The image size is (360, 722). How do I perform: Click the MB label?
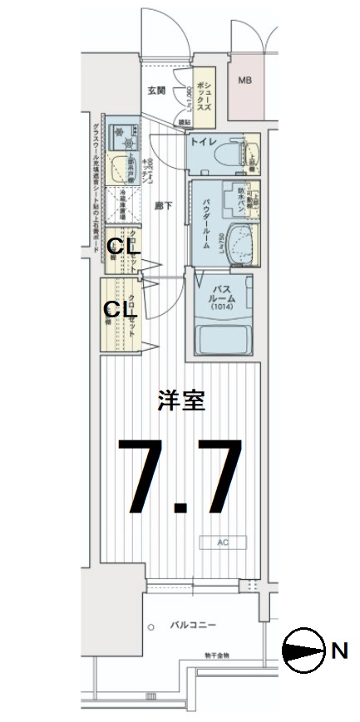[x=244, y=81]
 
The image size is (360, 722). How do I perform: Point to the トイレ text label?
[x=204, y=142]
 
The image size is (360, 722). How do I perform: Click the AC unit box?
[x=223, y=543]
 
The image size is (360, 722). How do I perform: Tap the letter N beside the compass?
[x=339, y=651]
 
